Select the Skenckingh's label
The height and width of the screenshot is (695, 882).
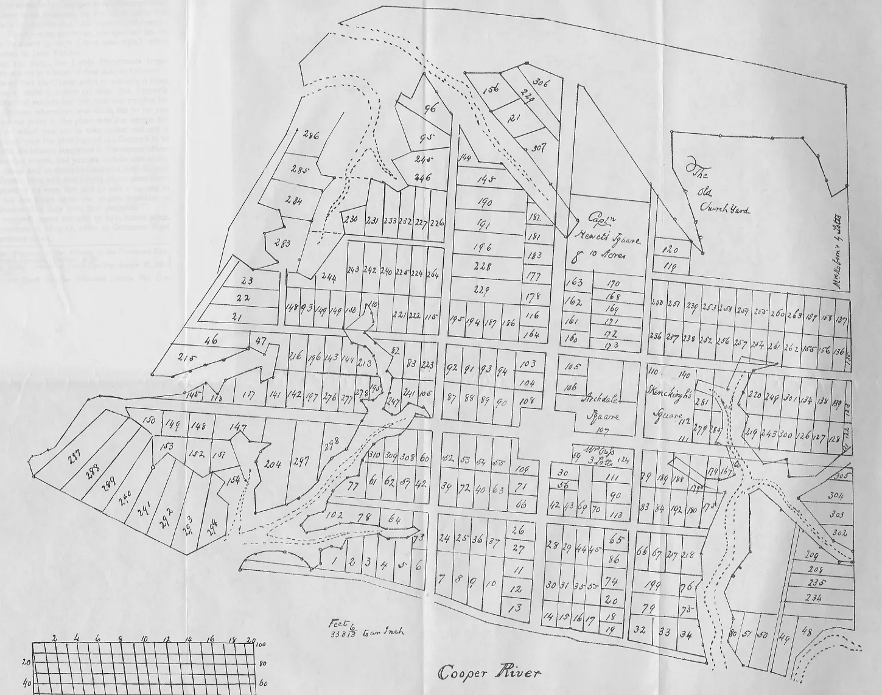[x=670, y=394]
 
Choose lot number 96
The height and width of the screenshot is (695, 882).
[x=431, y=110]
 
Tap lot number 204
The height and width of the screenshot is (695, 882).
[x=273, y=465]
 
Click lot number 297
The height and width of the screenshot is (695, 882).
[x=301, y=462]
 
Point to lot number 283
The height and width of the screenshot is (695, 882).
[x=282, y=243]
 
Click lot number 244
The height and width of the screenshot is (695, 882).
[x=329, y=278]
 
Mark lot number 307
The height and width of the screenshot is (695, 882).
[x=538, y=148]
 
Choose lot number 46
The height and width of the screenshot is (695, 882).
[x=211, y=341]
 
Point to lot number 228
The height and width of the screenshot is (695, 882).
[x=483, y=267]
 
